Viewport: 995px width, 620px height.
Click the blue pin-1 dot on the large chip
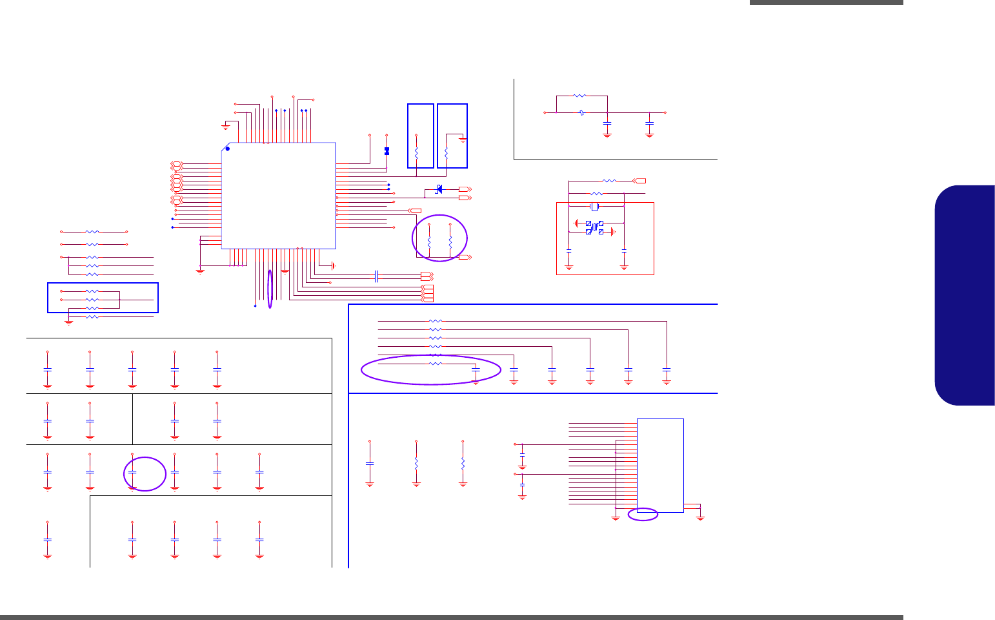point(227,149)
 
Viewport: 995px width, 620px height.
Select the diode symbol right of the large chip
point(439,189)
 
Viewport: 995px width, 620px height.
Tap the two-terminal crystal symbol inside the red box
point(595,207)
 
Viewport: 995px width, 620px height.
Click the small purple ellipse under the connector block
point(643,514)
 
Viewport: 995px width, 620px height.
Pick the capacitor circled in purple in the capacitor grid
point(132,472)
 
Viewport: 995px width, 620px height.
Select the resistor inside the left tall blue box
point(416,154)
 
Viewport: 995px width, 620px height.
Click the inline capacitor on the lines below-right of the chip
point(376,276)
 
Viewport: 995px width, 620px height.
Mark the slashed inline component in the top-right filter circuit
point(583,112)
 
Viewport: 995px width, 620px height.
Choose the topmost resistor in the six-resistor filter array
point(436,321)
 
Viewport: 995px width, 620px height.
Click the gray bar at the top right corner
point(826,3)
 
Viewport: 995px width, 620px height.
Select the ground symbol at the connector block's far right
point(701,517)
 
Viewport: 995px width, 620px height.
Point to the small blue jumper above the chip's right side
point(387,150)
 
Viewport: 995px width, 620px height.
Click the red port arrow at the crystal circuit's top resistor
point(639,181)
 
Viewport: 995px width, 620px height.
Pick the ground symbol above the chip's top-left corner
point(225,125)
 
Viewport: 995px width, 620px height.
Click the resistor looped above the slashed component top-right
point(579,96)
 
